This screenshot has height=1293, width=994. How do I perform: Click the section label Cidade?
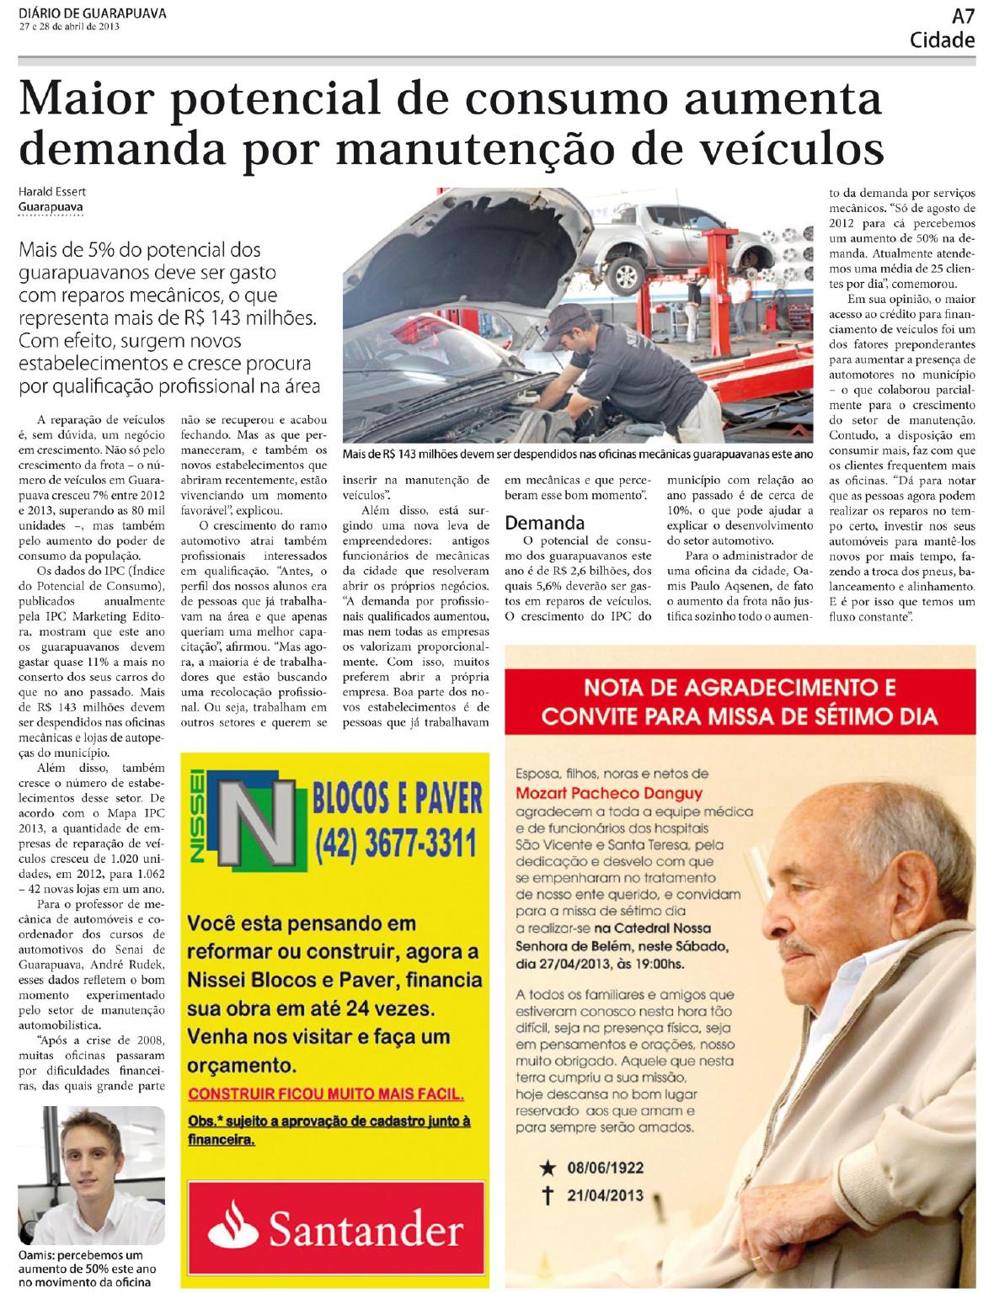(942, 40)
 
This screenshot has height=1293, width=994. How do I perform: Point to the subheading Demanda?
(544, 522)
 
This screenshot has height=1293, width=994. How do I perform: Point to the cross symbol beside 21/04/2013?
(548, 1195)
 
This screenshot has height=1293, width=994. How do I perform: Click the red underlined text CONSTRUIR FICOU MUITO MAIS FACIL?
(326, 1094)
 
